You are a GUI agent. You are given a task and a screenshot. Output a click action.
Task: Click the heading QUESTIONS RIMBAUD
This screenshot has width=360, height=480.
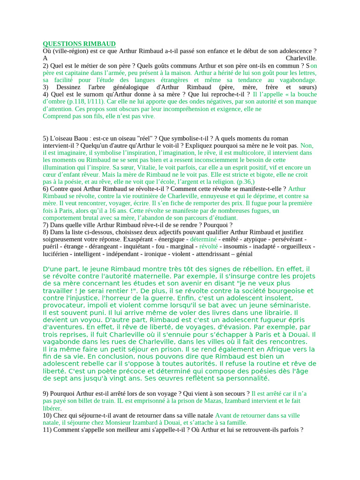pyautogui.click(x=79, y=44)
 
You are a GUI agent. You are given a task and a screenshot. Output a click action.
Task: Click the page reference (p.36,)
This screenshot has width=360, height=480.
pyautogui.click(x=246, y=181)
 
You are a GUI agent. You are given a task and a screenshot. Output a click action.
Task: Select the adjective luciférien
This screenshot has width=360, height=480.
pyautogui.click(x=57, y=254)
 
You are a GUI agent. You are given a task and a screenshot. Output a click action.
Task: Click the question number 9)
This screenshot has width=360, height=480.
pyautogui.click(x=46, y=393)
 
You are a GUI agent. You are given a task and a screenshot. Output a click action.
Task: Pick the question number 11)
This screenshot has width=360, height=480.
pyautogui.click(x=48, y=429)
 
